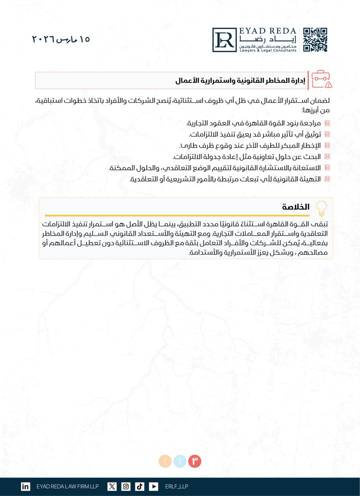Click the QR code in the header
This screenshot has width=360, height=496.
315,40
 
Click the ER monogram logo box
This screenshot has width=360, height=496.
224,40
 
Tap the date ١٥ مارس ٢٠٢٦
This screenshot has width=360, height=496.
61,40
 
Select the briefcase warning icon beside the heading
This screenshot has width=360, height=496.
322,79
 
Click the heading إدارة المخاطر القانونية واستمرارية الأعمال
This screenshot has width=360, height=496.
240,81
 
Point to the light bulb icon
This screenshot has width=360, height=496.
321,207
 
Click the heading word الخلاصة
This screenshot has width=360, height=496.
296,207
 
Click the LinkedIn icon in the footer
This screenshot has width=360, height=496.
25,486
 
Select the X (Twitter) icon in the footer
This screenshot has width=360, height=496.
112,486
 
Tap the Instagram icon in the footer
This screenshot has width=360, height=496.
126,486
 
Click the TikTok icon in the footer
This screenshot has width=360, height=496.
140,486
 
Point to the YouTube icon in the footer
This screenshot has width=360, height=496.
153,486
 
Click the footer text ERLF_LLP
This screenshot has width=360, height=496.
176,486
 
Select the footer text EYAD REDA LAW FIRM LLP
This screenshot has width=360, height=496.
67,486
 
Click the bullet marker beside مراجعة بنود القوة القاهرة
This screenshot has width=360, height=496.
327,123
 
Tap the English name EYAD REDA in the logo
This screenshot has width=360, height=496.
268,31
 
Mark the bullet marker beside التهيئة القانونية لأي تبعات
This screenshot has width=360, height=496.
327,179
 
